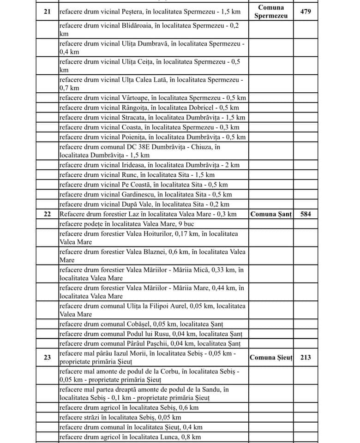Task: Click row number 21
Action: [47, 11]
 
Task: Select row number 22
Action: [47, 214]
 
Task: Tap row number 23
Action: [47, 357]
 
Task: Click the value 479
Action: [306, 11]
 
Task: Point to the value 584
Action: [306, 214]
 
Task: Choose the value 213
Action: [306, 357]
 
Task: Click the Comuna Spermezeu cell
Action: [271, 12]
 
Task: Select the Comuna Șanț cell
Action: [271, 214]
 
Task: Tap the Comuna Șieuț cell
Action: [271, 357]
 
